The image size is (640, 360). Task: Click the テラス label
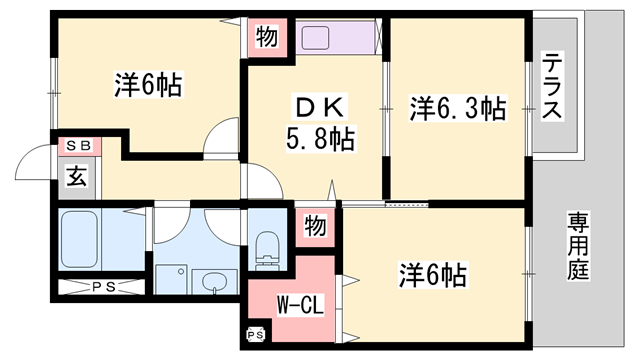point(552,88)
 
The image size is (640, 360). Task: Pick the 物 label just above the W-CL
point(315,227)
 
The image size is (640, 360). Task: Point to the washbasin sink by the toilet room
point(213,283)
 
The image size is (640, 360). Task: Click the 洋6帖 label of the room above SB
point(147,87)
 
